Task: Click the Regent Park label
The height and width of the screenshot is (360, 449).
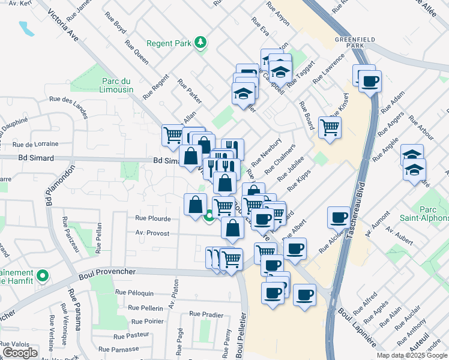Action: [x=169, y=44]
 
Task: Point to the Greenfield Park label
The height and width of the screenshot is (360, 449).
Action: [x=355, y=42]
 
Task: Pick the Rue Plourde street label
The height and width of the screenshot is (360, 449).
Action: [x=153, y=218]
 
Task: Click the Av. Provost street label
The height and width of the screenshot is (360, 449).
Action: [x=152, y=233]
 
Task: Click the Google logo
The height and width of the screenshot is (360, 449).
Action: [x=20, y=353]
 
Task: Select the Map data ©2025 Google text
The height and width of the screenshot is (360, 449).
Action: [x=411, y=355]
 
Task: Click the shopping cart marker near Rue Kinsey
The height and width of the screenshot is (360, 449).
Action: [x=330, y=127]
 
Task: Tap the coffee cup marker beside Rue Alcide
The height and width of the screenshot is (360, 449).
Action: [x=339, y=217]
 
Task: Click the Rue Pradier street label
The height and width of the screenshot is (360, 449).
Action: [x=206, y=314]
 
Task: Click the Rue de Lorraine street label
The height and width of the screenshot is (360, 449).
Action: [x=35, y=144]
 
